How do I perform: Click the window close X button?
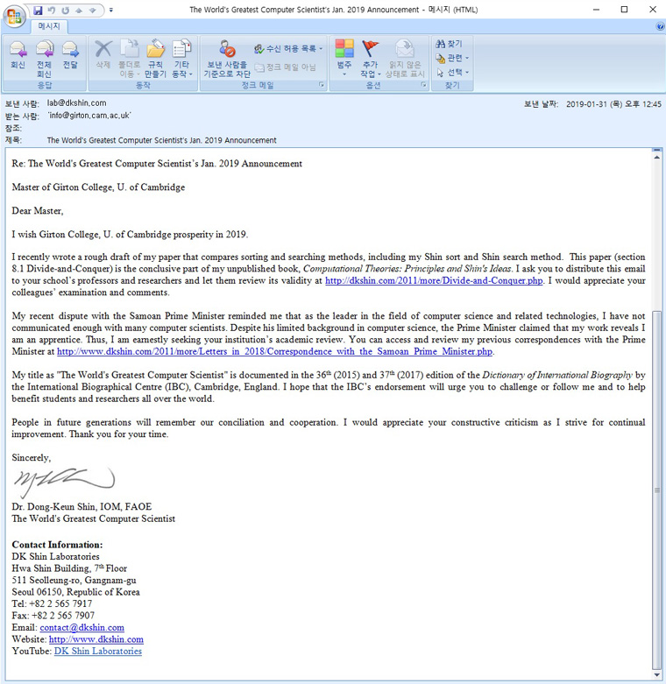tap(649, 10)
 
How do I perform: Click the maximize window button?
tap(624, 10)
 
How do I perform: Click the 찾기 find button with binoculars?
tap(449, 44)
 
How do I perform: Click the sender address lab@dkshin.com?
tap(76, 103)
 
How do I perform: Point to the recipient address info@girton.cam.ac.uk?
tap(89, 116)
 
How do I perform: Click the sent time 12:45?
tap(651, 103)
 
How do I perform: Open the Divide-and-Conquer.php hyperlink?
tap(434, 281)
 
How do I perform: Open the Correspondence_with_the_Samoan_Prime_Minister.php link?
tap(274, 352)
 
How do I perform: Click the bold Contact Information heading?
tap(56, 545)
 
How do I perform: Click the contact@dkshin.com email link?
tap(81, 627)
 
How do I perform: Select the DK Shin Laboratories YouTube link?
tap(97, 652)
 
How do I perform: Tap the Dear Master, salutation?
tap(38, 210)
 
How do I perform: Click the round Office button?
tap(15, 18)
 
